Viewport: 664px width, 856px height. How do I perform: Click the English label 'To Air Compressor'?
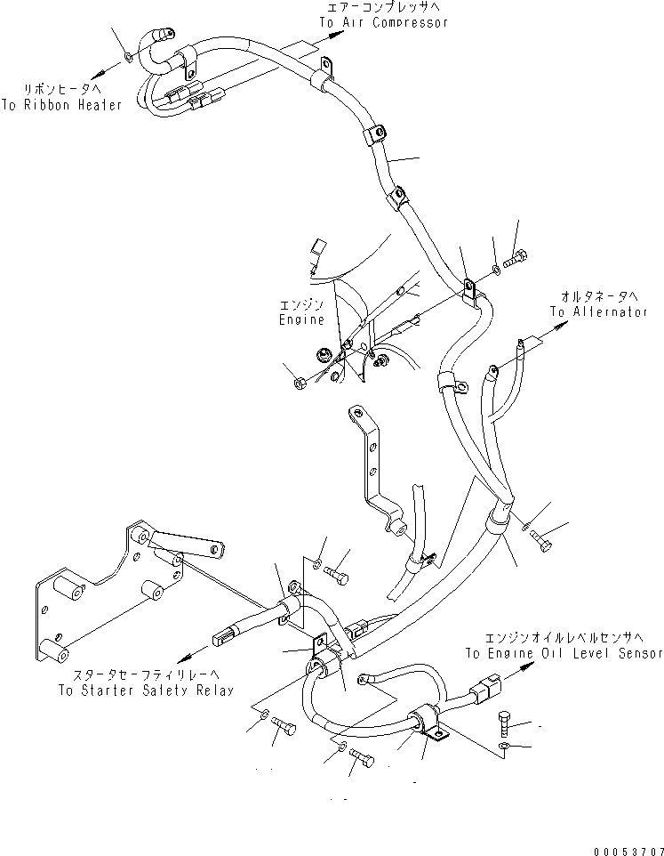pos(383,22)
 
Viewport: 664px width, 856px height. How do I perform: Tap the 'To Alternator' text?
pos(598,312)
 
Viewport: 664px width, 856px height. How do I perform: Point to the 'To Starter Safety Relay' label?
pos(145,690)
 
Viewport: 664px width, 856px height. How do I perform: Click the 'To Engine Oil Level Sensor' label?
pos(563,653)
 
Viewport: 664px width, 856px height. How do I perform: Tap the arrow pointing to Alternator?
pos(557,328)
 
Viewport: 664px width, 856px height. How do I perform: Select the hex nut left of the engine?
pos(300,384)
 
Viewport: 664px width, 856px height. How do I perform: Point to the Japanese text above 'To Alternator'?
pos(599,295)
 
